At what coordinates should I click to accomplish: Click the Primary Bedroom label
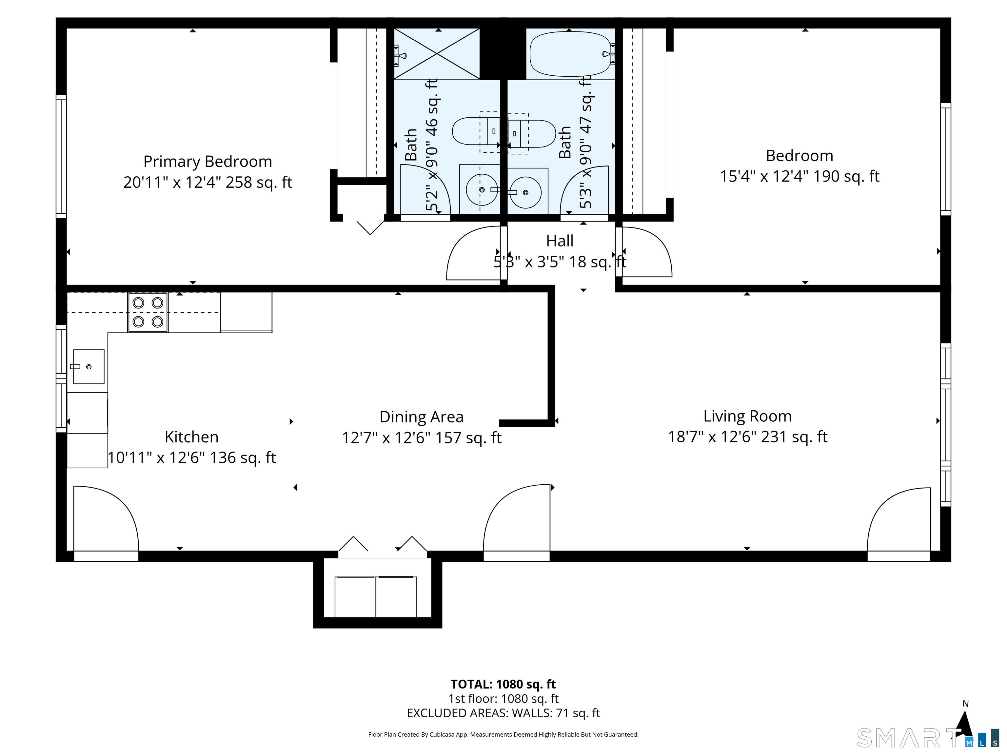[207, 162]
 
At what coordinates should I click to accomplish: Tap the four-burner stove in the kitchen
[148, 312]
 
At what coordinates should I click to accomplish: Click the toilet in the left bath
[473, 131]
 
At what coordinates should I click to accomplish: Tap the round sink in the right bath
[526, 192]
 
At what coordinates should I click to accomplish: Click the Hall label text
[560, 241]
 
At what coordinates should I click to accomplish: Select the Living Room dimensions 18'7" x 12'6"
[747, 437]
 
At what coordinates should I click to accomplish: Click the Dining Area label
[421, 417]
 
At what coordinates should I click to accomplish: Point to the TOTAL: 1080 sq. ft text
[503, 684]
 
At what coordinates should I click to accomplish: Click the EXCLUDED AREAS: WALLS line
[503, 713]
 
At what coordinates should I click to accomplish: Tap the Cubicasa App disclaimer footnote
[503, 734]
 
